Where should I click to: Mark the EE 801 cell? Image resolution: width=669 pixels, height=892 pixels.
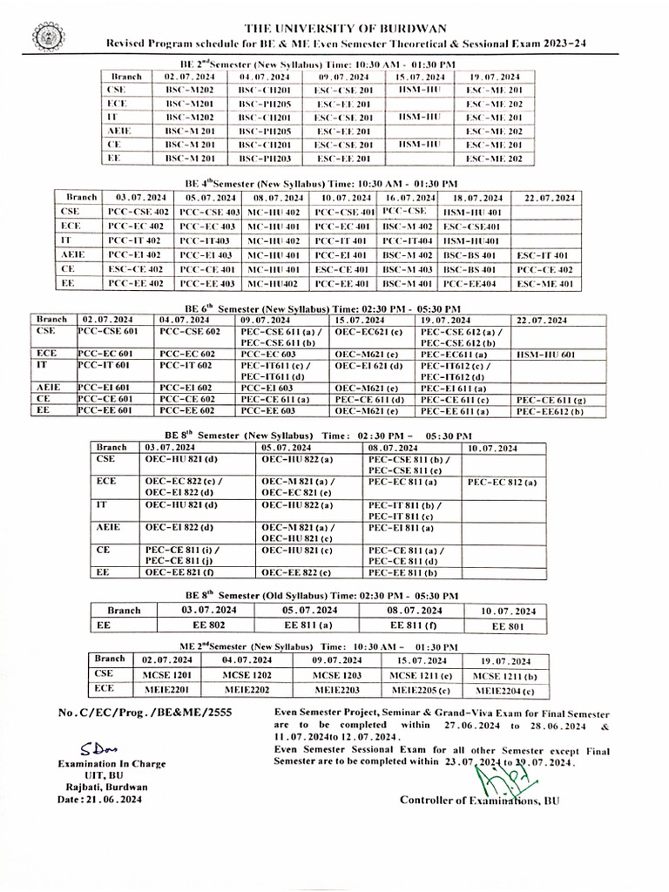pyautogui.click(x=507, y=625)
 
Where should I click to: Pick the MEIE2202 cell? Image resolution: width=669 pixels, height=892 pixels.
pyautogui.click(x=248, y=690)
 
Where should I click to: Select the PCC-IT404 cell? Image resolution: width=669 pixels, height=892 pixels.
pyautogui.click(x=408, y=240)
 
